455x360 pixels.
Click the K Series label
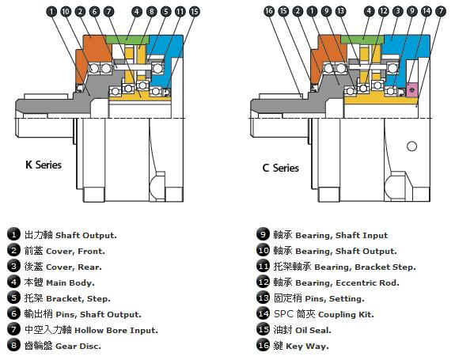click(44, 165)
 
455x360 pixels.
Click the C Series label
click(280, 168)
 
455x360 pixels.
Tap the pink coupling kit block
click(411, 89)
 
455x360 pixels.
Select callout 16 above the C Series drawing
click(269, 11)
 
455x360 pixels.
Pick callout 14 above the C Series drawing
click(427, 11)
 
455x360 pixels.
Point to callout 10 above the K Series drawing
click(66, 12)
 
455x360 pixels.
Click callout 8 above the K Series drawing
click(151, 12)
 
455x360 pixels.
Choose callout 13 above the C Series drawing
click(341, 11)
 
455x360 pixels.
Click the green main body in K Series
click(127, 39)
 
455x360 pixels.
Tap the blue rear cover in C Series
click(406, 47)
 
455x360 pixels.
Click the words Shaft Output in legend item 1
click(86, 235)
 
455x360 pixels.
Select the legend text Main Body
click(70, 282)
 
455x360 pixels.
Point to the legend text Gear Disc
click(78, 346)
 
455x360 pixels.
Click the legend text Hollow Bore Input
click(116, 331)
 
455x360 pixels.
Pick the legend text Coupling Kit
click(346, 314)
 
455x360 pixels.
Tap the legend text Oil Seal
click(313, 330)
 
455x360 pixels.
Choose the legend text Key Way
click(307, 346)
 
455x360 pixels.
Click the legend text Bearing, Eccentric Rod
click(347, 282)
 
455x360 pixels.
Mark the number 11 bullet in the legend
click(264, 266)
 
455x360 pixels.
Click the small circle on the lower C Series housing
click(411, 146)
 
